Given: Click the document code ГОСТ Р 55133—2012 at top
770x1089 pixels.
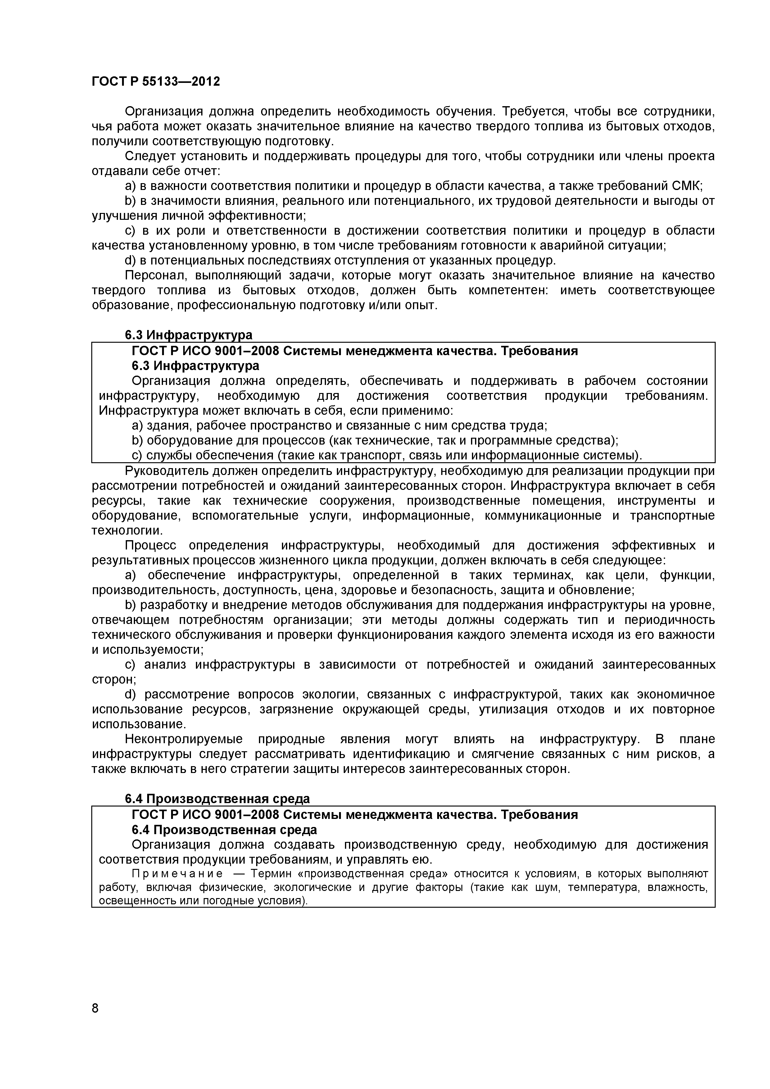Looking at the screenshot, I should (x=156, y=82).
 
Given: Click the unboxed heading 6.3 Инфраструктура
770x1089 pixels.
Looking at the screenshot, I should (x=188, y=335).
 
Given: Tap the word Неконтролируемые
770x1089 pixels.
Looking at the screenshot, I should (x=183, y=739).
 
